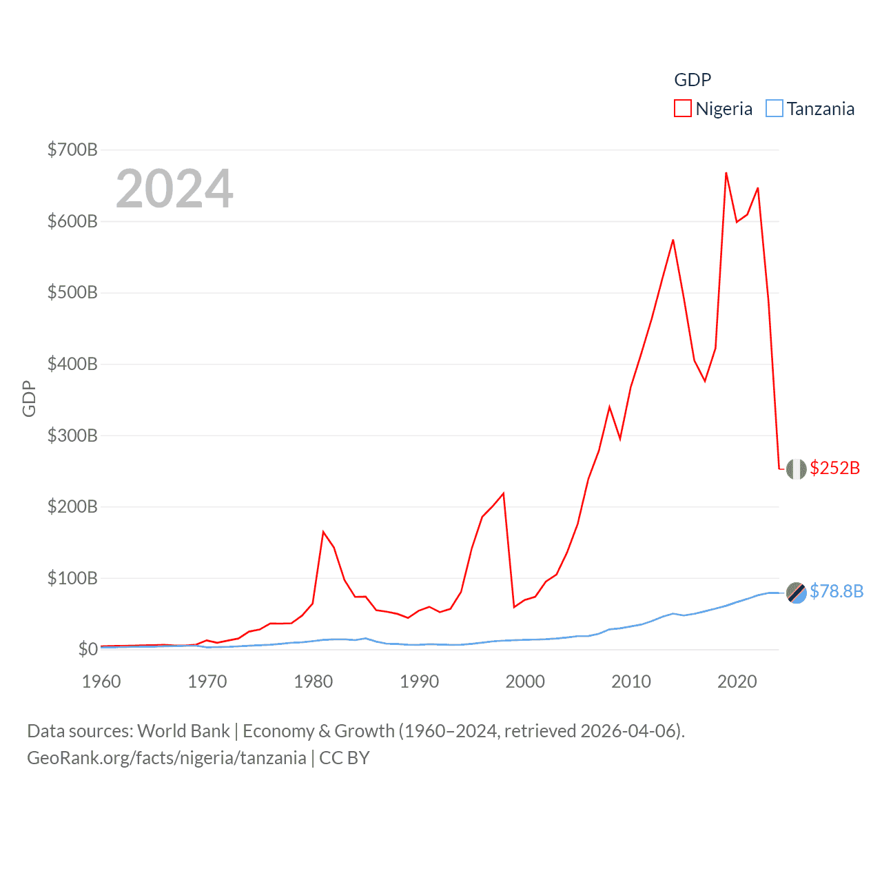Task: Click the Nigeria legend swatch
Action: coord(682,109)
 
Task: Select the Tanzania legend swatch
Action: coord(775,109)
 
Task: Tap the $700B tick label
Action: coord(72,150)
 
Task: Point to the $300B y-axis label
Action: coord(72,435)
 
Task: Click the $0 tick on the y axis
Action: coord(88,649)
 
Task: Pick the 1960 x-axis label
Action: coord(101,681)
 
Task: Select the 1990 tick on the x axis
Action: coord(419,681)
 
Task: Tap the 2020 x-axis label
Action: coord(737,681)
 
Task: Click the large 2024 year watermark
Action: coord(174,189)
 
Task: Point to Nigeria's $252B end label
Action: coord(834,468)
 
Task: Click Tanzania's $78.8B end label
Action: coord(836,591)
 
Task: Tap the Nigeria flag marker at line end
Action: coord(796,469)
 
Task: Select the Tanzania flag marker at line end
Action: coord(796,592)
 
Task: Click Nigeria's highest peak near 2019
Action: coord(726,173)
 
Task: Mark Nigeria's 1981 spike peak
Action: coord(323,531)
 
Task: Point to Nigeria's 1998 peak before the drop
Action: coord(504,493)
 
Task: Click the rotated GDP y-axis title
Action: coord(29,398)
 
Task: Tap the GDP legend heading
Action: coord(692,80)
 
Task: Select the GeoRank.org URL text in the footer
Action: coord(167,758)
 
